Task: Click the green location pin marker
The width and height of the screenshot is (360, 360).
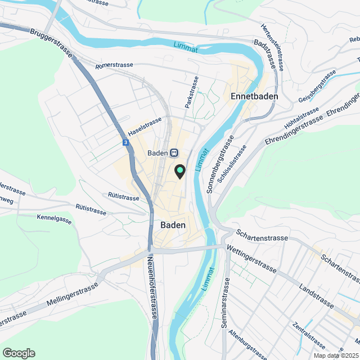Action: (179, 170)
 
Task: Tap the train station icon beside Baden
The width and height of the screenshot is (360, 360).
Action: (174, 152)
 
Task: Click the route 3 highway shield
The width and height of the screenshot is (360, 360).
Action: (125, 143)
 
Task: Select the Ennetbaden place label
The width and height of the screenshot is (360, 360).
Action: (255, 96)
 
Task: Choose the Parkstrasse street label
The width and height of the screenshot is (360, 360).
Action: (192, 92)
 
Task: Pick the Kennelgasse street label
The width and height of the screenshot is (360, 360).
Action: (55, 219)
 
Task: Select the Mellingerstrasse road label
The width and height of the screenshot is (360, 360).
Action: (73, 294)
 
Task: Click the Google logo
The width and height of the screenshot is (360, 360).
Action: (19, 353)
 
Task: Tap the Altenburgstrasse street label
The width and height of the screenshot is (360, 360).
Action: (248, 344)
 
